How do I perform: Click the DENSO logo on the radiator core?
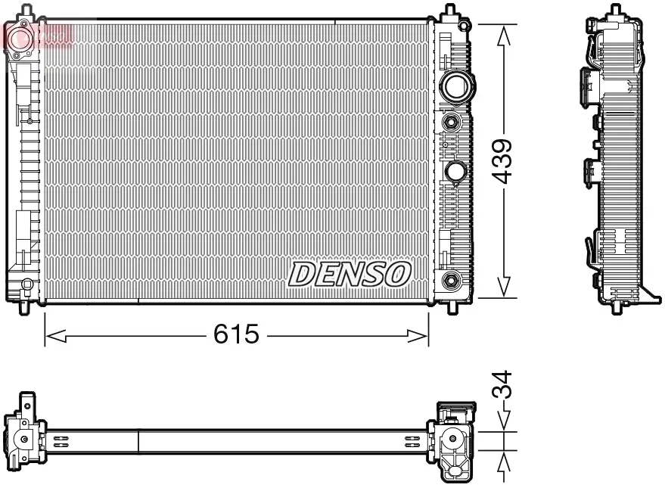click(x=350, y=274)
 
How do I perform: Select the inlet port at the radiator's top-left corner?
click(x=20, y=35)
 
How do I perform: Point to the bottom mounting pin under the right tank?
click(x=453, y=306)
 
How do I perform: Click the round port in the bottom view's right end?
click(x=453, y=438)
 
